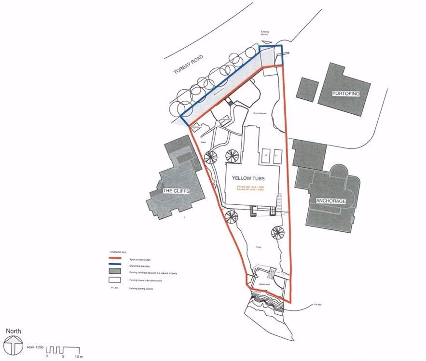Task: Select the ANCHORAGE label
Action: coord(330,201)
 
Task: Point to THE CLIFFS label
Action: coord(177,191)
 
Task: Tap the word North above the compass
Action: coord(13,331)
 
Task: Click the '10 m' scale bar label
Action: coord(78,357)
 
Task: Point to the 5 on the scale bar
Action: coord(63,357)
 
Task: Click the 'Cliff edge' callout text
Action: coord(317,304)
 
